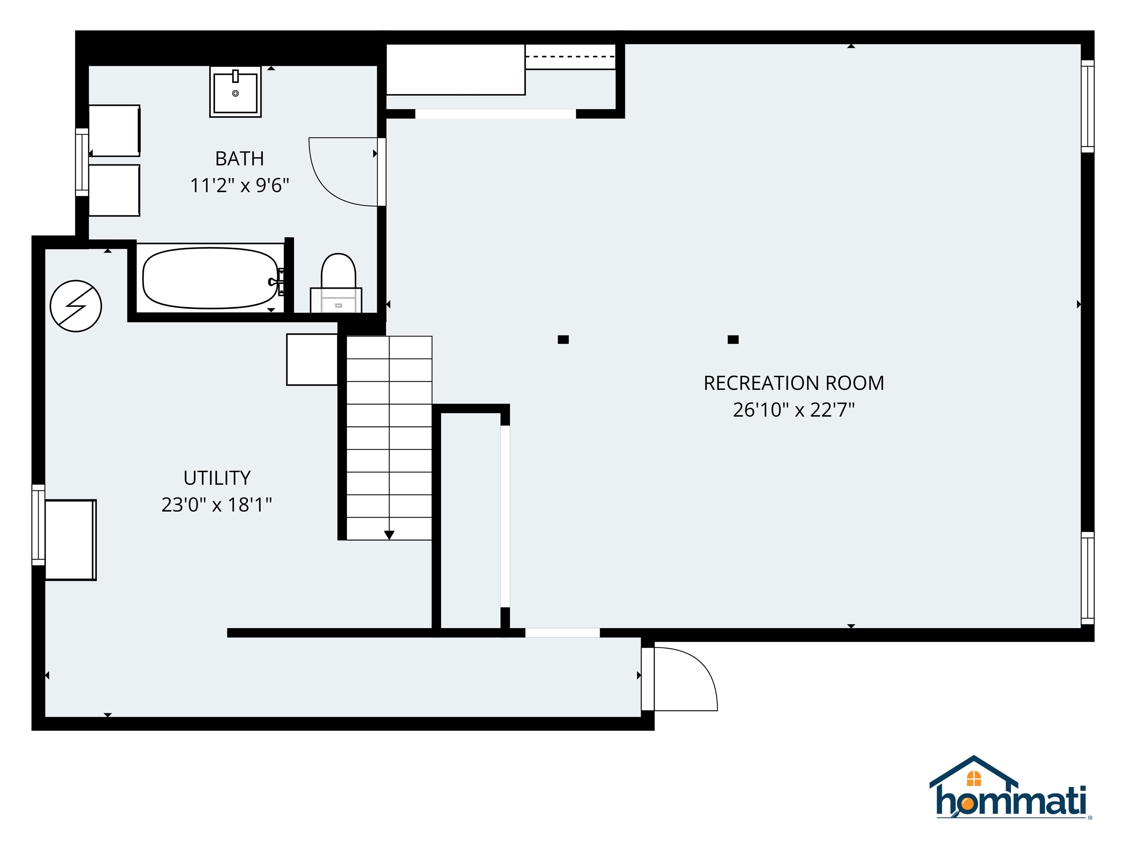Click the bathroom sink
(x=235, y=92)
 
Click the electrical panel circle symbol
(x=76, y=306)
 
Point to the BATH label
(x=240, y=159)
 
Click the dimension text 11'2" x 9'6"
(x=240, y=186)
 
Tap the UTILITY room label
(x=217, y=478)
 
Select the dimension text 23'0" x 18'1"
(x=217, y=505)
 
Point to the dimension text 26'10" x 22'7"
(x=794, y=410)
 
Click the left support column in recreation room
(x=563, y=340)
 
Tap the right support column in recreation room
(x=733, y=340)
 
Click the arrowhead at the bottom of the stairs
(x=389, y=535)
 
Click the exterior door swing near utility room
(x=703, y=667)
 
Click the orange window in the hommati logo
(x=974, y=778)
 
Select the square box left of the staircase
(x=312, y=359)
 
